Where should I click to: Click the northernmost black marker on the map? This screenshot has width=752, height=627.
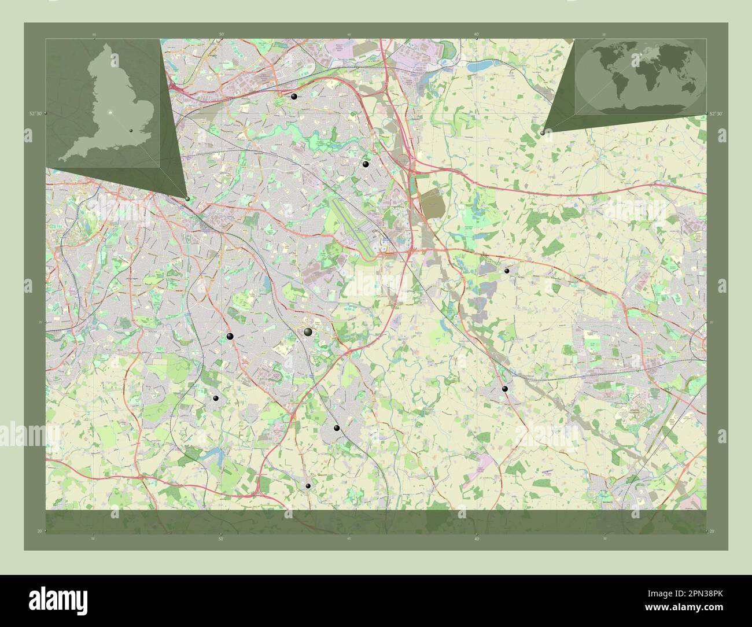pos(294,97)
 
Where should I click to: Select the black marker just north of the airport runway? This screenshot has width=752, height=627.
pos(365,164)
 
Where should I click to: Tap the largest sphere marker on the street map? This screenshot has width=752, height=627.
pos(308,332)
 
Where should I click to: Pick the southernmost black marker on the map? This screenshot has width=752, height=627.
pos(308,486)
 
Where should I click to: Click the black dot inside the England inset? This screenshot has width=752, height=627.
pos(131,131)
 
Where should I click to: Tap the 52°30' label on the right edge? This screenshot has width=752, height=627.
pos(716,114)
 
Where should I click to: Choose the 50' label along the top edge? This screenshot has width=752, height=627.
pos(222,35)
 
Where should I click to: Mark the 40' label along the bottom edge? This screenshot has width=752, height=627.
pos(477,539)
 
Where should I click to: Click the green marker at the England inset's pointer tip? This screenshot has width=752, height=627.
pos(188,198)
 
